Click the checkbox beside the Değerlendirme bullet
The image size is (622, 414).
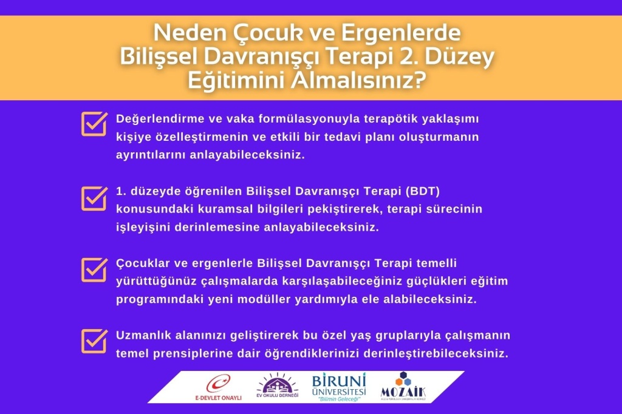(94, 124)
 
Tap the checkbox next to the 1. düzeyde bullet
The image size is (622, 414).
(94, 199)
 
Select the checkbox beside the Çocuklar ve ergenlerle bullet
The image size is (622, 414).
(94, 270)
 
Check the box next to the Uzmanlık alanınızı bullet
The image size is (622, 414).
(94, 341)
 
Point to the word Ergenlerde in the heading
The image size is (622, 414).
(401, 33)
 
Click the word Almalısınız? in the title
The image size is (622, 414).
(358, 81)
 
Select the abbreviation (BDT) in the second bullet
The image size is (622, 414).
(423, 191)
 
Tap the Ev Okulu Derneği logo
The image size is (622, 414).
(277, 386)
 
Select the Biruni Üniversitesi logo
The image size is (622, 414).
(339, 387)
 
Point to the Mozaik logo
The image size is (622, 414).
(403, 386)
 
